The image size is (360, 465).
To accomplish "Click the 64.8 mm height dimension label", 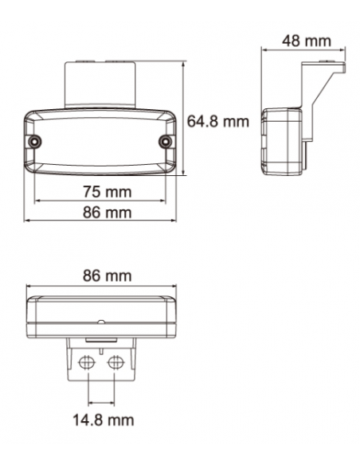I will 217,122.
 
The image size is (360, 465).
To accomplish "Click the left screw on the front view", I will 36,141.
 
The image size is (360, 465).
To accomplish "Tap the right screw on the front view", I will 165,141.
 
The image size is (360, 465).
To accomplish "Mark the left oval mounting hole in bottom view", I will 87,361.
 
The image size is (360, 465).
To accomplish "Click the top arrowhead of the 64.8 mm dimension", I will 184,61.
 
